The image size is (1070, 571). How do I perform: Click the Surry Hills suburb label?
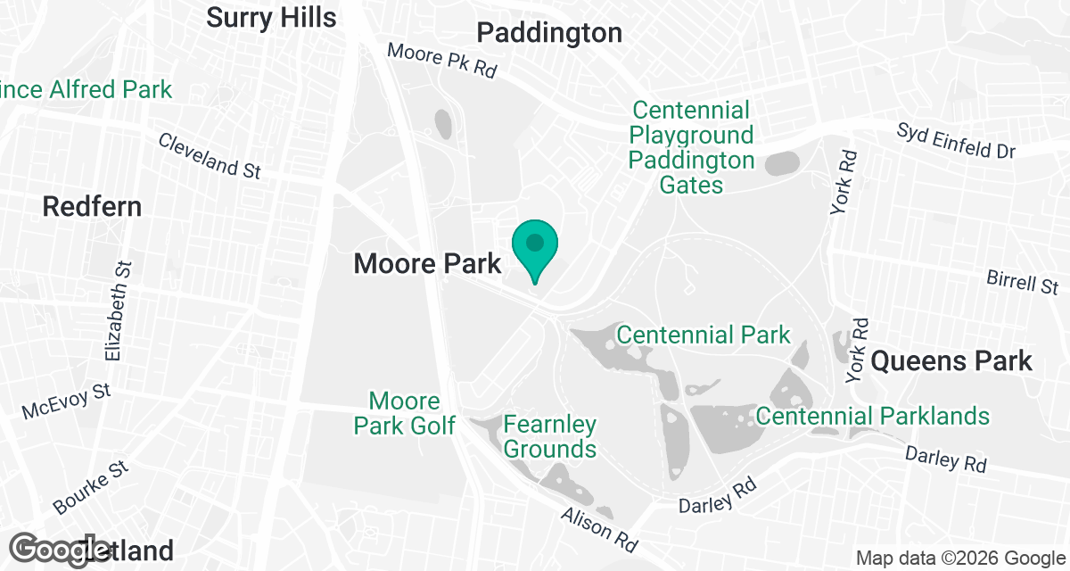271,17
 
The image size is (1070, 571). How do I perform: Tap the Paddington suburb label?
549,33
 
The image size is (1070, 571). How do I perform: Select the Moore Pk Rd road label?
441,61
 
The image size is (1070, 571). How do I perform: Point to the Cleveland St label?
210,154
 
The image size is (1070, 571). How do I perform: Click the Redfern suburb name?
92,207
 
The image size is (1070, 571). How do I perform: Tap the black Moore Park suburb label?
428,263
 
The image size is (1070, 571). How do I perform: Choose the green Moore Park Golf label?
405,413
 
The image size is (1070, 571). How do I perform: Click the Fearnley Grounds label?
550,435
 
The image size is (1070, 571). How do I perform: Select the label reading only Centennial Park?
704,335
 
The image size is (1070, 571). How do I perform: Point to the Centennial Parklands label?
873,416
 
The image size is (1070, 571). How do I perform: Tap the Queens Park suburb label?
951,361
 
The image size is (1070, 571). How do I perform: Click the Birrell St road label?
1023,282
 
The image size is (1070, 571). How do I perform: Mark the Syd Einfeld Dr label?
957,142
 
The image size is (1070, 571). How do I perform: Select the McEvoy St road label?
67,401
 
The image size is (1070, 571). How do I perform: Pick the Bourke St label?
91,487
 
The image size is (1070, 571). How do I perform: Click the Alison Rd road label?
599,525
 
